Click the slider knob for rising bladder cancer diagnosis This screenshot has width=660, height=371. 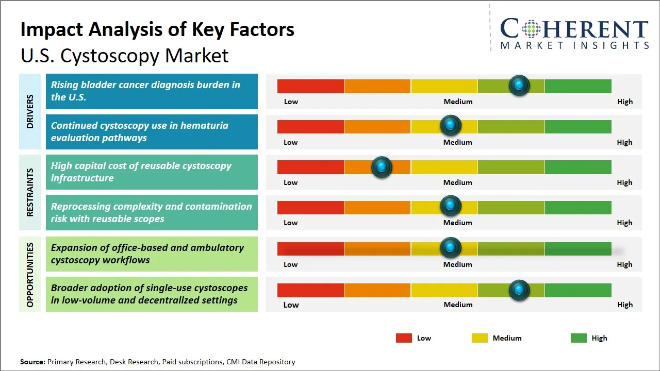(x=519, y=85)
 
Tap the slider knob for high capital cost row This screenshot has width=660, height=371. (x=382, y=167)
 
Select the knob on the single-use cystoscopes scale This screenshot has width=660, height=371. (x=519, y=290)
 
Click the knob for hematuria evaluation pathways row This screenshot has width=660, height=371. (x=451, y=125)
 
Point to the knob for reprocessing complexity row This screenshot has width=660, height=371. (x=451, y=206)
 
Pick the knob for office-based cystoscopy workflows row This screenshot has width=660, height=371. (x=451, y=248)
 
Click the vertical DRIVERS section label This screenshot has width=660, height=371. (x=30, y=111)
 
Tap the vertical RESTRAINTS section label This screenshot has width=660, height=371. (x=30, y=192)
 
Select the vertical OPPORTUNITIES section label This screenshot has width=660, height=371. (x=30, y=274)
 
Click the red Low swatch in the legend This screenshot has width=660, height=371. (x=404, y=338)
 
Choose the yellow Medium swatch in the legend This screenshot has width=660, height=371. (x=480, y=338)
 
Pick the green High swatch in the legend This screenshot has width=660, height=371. (x=579, y=338)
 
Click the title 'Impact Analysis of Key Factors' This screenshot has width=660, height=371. (x=157, y=30)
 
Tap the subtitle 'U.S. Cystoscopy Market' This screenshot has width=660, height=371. (x=124, y=56)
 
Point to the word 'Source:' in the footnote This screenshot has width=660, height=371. (x=32, y=362)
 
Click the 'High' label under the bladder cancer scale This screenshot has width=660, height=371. (x=624, y=102)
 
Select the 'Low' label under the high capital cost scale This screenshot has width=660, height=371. (x=291, y=182)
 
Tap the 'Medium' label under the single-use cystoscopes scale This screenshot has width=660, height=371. (x=458, y=305)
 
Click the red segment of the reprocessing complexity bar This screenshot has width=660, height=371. (x=310, y=208)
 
